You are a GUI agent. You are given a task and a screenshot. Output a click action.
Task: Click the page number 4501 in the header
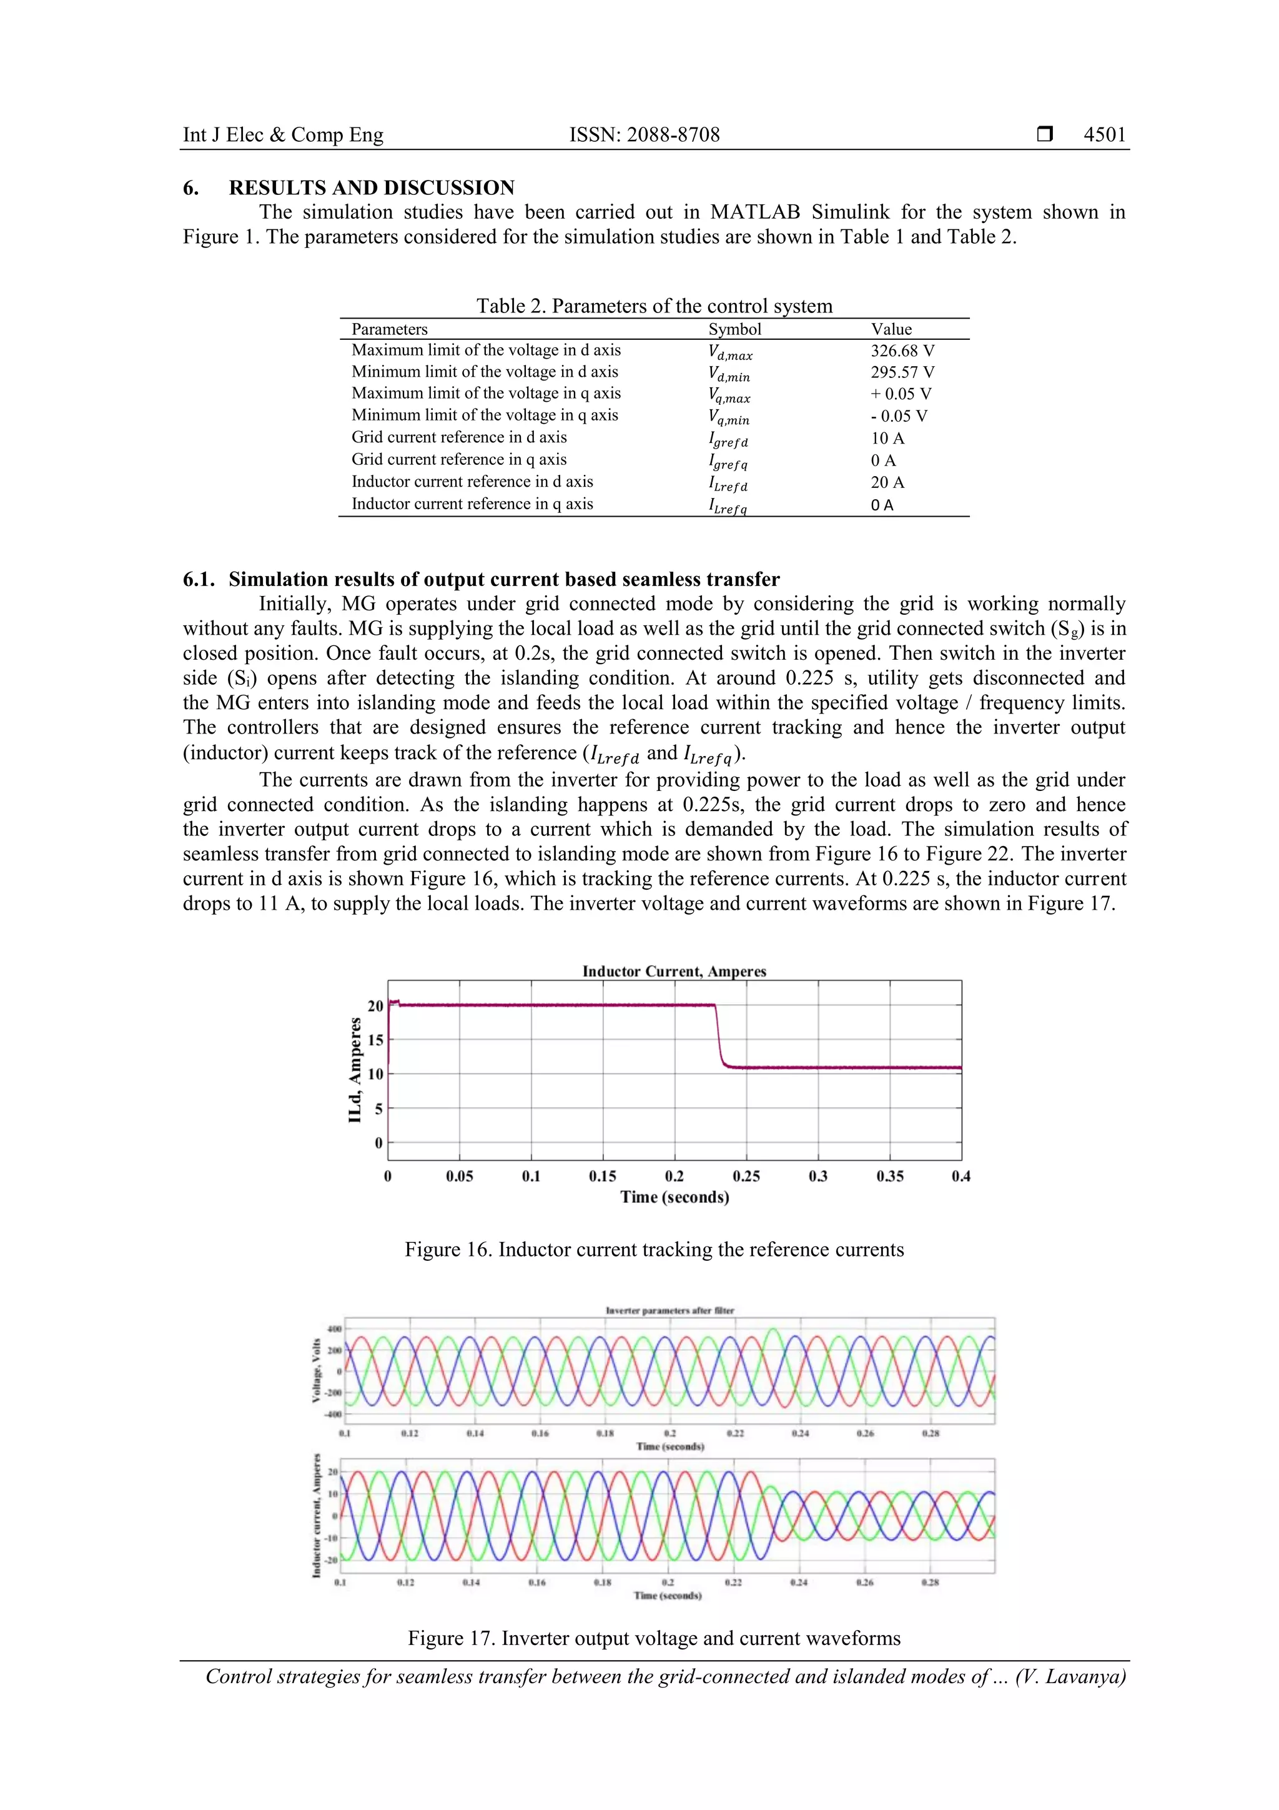tap(1104, 135)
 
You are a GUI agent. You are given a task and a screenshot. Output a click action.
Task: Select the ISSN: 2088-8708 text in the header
tap(644, 135)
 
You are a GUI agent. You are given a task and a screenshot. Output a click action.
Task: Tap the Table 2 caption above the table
tap(654, 306)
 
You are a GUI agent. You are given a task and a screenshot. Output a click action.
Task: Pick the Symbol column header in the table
tap(734, 329)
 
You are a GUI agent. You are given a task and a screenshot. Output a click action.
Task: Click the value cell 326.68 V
tap(902, 351)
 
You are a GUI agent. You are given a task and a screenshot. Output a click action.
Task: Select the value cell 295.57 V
tap(902, 372)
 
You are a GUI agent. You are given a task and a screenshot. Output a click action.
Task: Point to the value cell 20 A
tap(887, 482)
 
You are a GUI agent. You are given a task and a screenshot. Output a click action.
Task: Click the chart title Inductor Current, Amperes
tap(674, 971)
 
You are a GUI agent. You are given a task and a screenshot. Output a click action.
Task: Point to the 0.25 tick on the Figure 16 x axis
tap(746, 1176)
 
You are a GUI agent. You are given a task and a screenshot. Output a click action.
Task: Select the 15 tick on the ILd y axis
tap(375, 1040)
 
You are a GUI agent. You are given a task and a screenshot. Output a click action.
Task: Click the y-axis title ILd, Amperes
tap(355, 1070)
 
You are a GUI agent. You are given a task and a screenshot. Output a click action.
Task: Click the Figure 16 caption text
tap(654, 1250)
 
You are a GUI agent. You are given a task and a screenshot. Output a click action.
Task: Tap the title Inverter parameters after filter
tap(669, 1311)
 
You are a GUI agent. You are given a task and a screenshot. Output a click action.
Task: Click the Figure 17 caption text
tap(654, 1639)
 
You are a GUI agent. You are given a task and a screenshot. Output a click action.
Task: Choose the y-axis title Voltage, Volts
tap(317, 1371)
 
